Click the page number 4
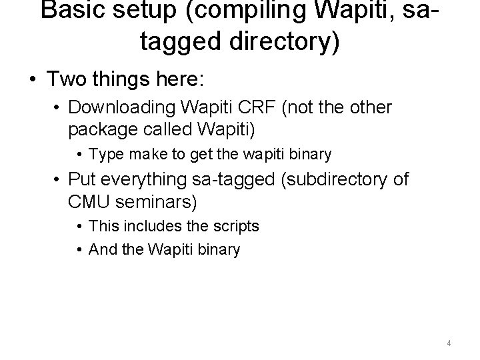(x=449, y=343)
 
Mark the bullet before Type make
(x=81, y=155)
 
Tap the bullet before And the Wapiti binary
(x=81, y=250)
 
